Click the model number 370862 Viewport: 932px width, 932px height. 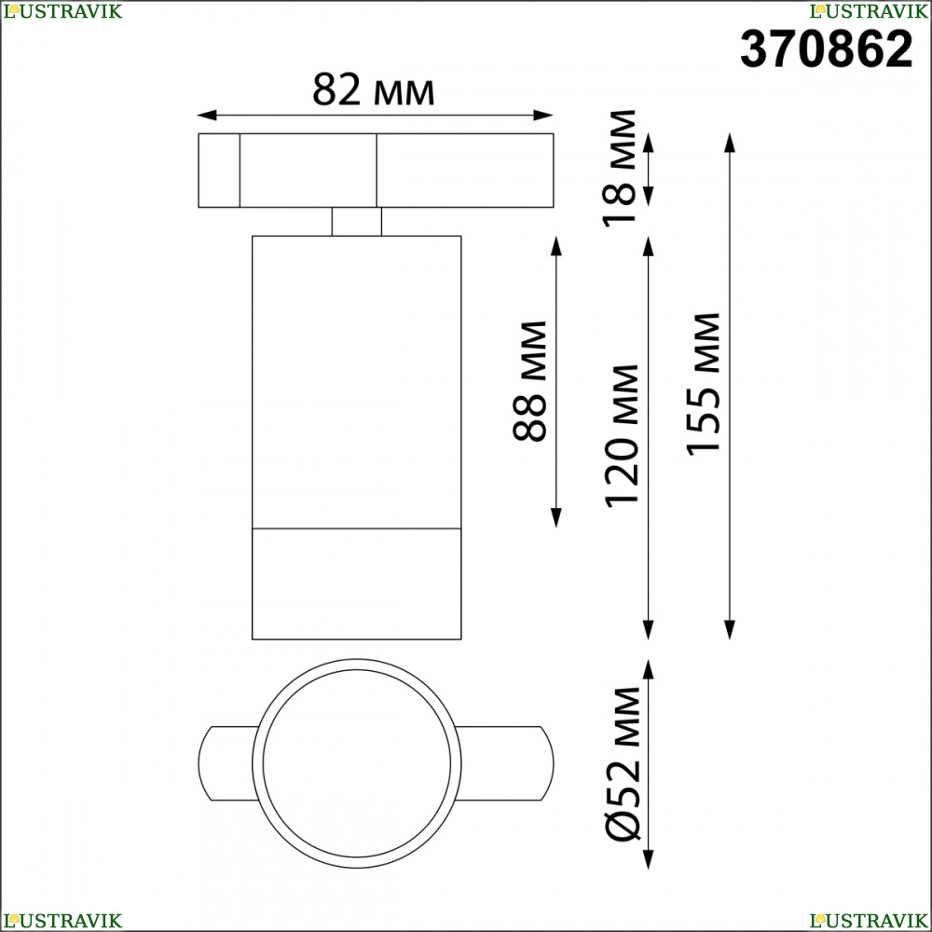826,49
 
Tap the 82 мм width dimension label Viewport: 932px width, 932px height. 374,89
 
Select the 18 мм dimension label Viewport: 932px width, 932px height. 620,168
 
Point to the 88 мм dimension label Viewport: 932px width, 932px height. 529,381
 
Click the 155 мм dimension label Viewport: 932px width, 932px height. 703,384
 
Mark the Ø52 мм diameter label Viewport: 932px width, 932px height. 623,763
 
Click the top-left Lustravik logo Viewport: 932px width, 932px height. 62,11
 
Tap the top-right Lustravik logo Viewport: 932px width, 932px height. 869,11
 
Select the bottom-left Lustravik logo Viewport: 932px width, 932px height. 62,921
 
